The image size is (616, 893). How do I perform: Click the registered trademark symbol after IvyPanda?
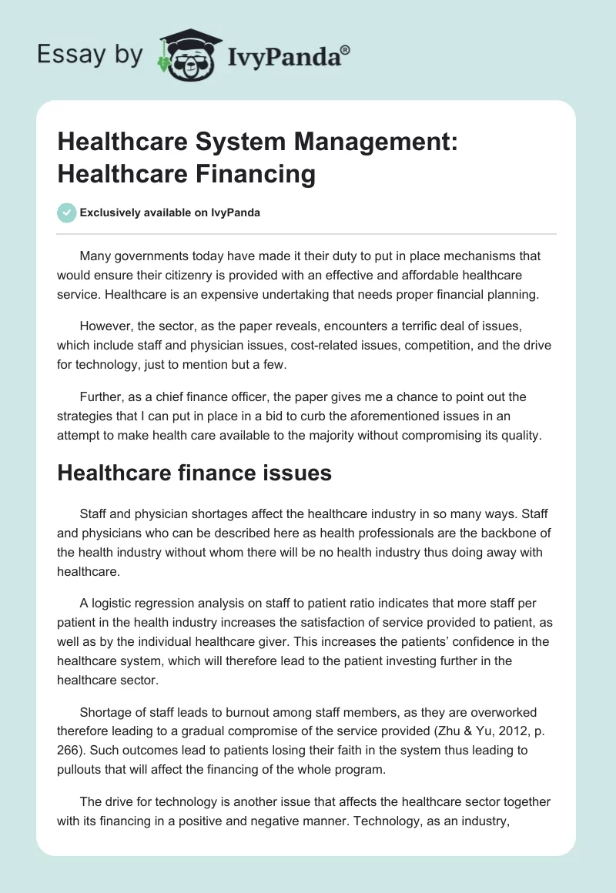(346, 49)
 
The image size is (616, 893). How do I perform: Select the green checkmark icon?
(66, 212)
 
